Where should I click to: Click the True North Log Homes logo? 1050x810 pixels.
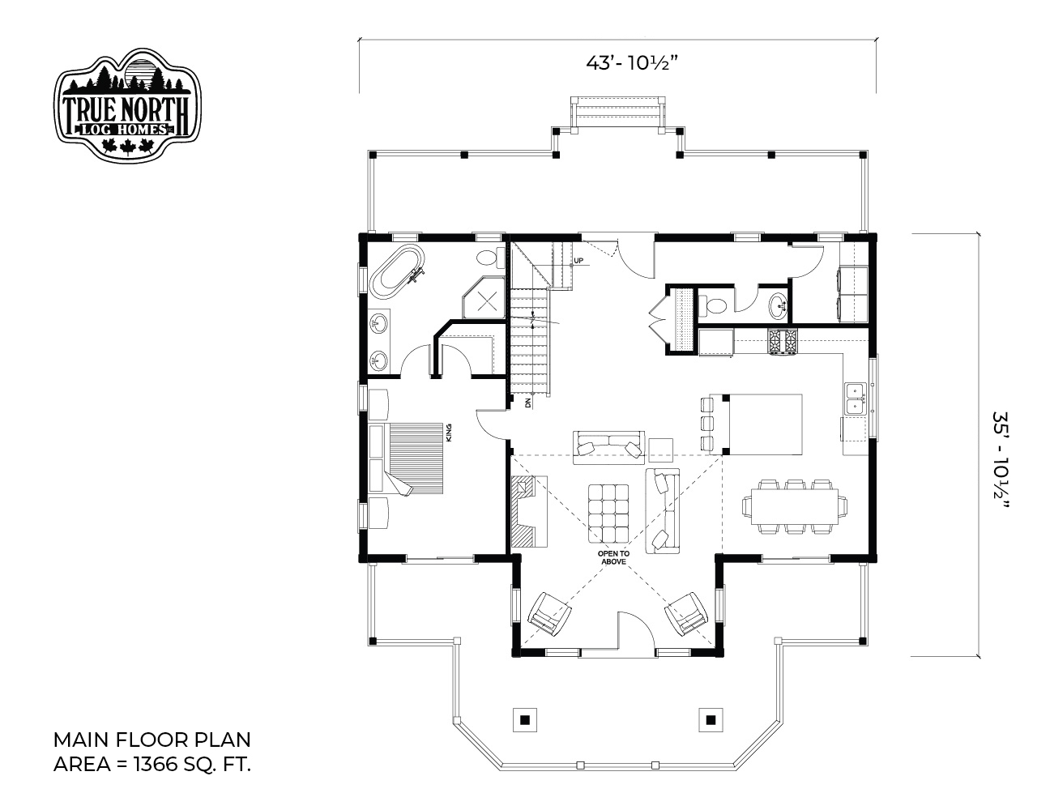pyautogui.click(x=127, y=105)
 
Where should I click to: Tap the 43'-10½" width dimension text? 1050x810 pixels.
pyautogui.click(x=628, y=63)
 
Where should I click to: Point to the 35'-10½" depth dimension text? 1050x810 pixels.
pyautogui.click(x=1001, y=460)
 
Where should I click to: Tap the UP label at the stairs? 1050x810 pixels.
pyautogui.click(x=578, y=261)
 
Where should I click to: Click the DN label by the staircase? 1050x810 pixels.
pyautogui.click(x=528, y=403)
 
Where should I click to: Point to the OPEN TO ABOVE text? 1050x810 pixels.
pyautogui.click(x=613, y=557)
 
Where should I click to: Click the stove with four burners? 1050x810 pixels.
pyautogui.click(x=783, y=342)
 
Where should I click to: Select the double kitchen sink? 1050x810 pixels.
pyautogui.click(x=856, y=399)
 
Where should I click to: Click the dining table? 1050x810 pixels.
pyautogui.click(x=795, y=507)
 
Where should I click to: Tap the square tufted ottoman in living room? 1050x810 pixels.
pyautogui.click(x=608, y=514)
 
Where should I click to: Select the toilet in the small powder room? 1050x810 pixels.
pyautogui.click(x=713, y=305)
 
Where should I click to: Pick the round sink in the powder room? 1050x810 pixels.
pyautogui.click(x=779, y=305)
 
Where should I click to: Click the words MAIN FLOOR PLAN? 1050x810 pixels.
pyautogui.click(x=152, y=740)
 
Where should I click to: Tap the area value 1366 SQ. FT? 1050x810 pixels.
pyautogui.click(x=192, y=765)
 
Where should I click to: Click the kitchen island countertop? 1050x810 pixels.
pyautogui.click(x=762, y=424)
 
